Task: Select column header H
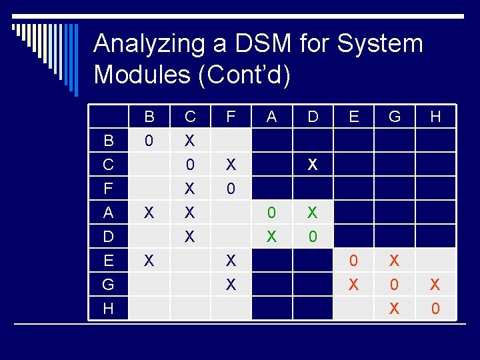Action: [x=435, y=117]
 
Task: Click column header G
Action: [x=394, y=117]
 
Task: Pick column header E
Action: [x=353, y=117]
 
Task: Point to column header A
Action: [x=271, y=117]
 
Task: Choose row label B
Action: [x=108, y=141]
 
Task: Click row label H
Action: [x=108, y=309]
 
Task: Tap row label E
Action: [x=108, y=261]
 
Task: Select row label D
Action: [x=108, y=237]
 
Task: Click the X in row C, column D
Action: [x=312, y=165]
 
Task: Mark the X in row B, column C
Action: [x=190, y=141]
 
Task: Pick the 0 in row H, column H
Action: [x=435, y=309]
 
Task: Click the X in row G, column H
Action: [x=435, y=285]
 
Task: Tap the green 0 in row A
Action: [x=271, y=213]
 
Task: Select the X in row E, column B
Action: [x=149, y=261]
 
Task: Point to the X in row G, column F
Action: [x=231, y=285]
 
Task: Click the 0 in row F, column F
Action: [x=231, y=189]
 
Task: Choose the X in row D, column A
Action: [x=271, y=237]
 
